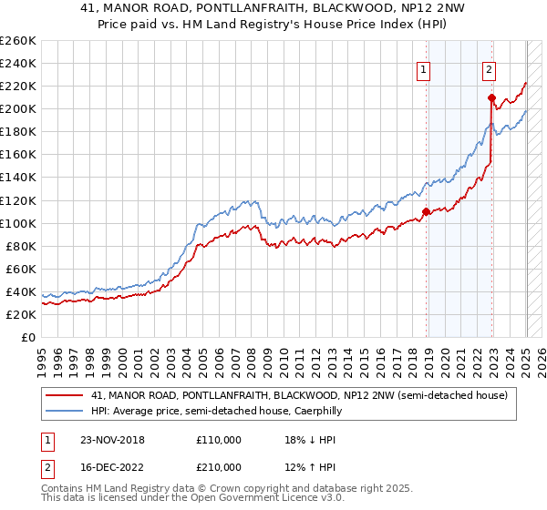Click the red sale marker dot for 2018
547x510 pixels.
pyautogui.click(x=426, y=211)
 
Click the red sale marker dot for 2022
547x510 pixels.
pyautogui.click(x=491, y=97)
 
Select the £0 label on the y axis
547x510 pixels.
pyautogui.click(x=27, y=337)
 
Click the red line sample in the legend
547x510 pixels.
pyautogui.click(x=65, y=395)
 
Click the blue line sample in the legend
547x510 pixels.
pyautogui.click(x=65, y=412)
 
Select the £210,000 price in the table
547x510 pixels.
pyautogui.click(x=219, y=466)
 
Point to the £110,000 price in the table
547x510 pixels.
pyautogui.click(x=219, y=439)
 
